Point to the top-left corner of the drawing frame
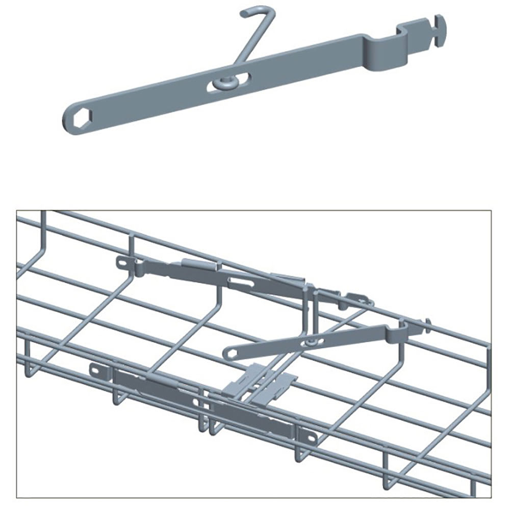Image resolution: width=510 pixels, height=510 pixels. click(17, 211)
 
